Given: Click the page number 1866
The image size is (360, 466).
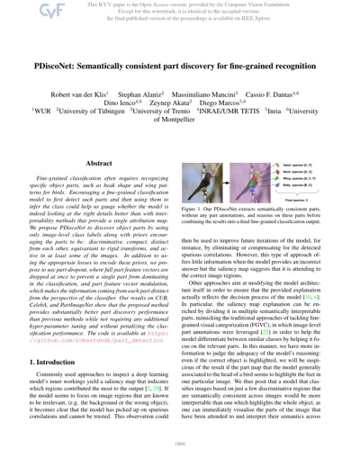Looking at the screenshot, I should coord(180,458).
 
